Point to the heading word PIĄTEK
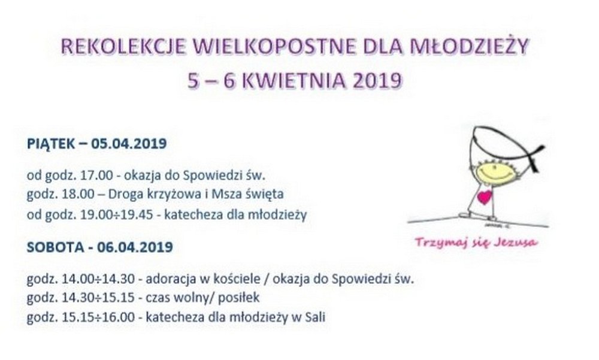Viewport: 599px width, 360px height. [51, 144]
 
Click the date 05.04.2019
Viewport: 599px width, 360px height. [129, 144]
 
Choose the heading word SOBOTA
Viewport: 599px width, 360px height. [55, 247]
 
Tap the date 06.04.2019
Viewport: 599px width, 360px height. [135, 247]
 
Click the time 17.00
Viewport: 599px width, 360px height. [96, 176]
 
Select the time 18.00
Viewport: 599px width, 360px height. [78, 194]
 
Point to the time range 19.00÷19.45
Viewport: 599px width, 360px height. [117, 215]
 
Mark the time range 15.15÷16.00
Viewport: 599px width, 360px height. [98, 317]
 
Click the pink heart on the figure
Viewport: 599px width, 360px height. [485, 197]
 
